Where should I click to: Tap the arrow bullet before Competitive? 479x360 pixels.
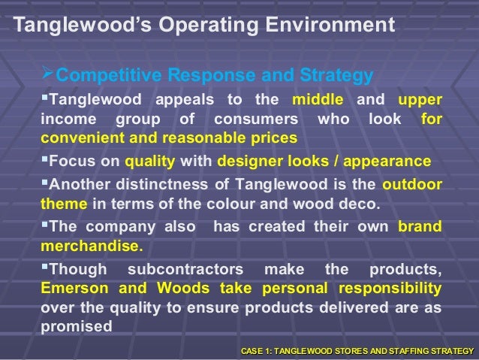click(x=50, y=75)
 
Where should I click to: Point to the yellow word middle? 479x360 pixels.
click(x=318, y=100)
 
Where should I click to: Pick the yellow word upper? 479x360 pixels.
click(x=420, y=100)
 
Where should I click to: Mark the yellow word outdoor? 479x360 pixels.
click(x=412, y=185)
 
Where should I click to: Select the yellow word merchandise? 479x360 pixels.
click(x=89, y=246)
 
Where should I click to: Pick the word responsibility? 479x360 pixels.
click(x=390, y=289)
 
